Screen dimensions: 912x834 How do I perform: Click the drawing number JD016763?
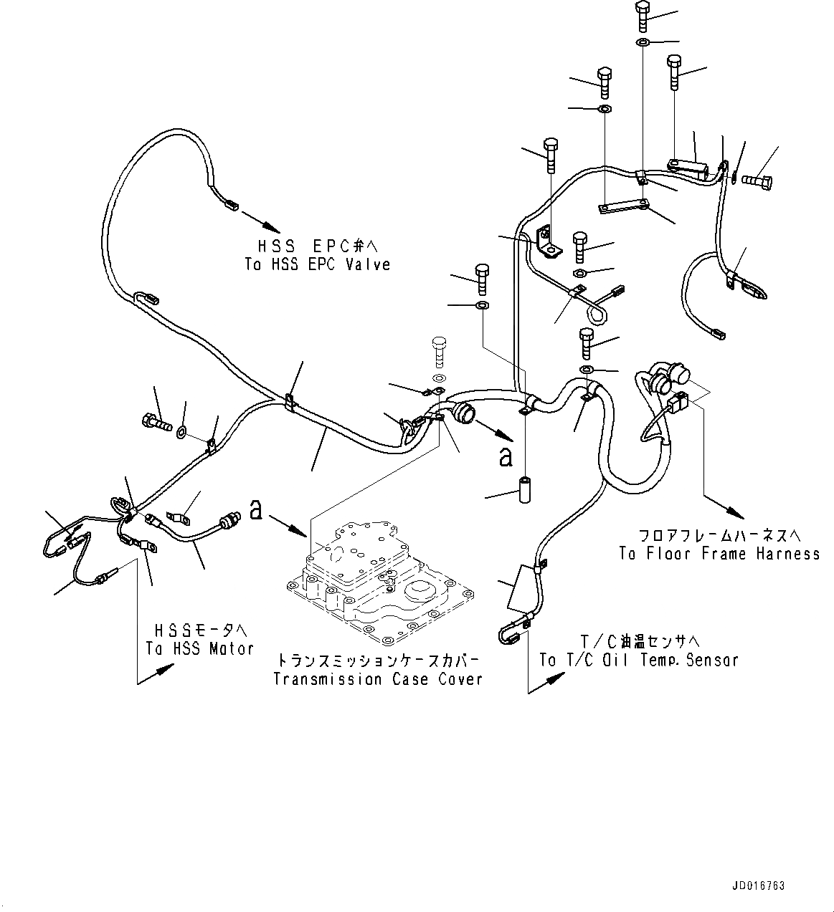[759, 886]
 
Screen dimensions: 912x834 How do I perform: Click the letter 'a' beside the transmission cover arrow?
[256, 510]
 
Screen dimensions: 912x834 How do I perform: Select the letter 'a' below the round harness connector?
[506, 457]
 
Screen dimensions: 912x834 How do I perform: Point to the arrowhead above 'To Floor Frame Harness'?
[736, 513]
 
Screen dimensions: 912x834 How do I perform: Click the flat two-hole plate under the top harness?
[622, 206]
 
